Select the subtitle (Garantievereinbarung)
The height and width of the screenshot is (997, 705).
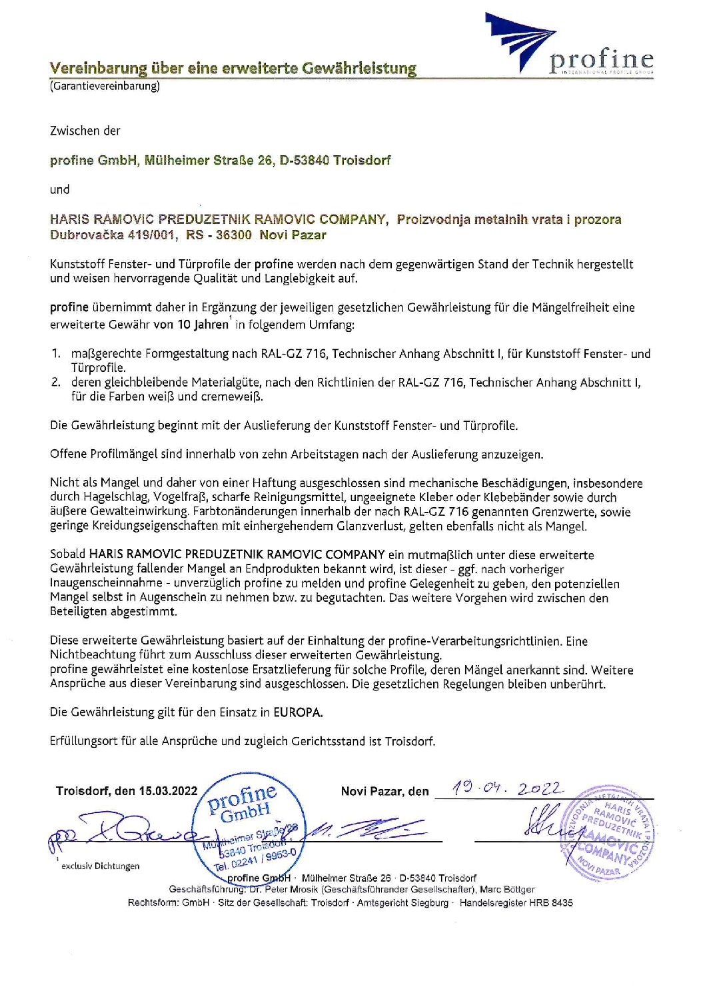pyautogui.click(x=105, y=86)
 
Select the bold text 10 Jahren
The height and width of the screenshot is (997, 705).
pyautogui.click(x=203, y=325)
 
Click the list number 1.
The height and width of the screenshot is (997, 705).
pyautogui.click(x=56, y=354)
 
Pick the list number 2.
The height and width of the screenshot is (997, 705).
pyautogui.click(x=56, y=383)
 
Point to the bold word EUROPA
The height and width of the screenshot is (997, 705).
pyautogui.click(x=298, y=712)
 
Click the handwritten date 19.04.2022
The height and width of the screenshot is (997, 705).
pyautogui.click(x=506, y=789)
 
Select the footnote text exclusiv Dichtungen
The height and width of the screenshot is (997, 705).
pyautogui.click(x=101, y=866)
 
